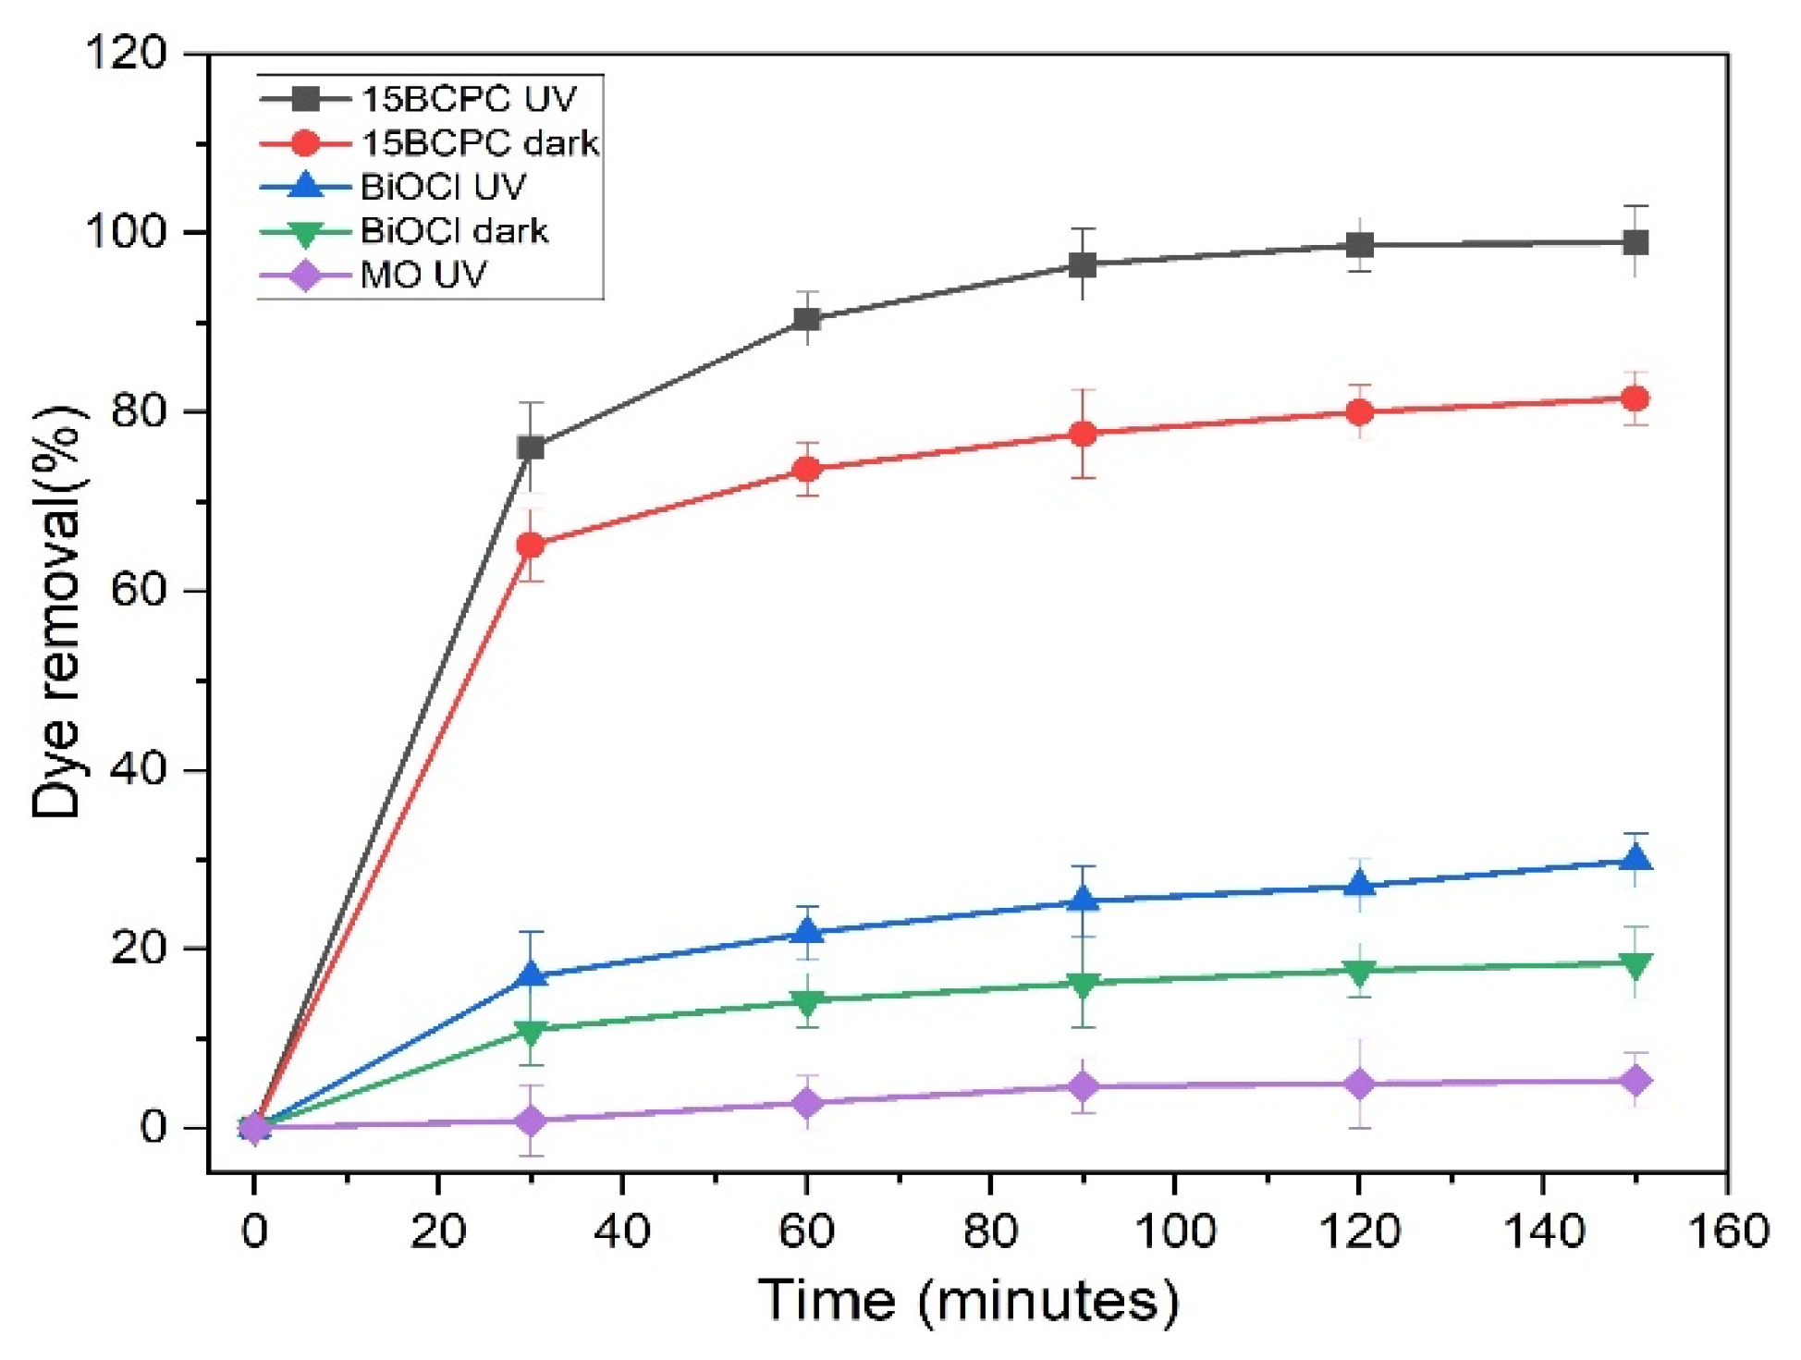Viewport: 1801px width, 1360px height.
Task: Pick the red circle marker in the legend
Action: [x=304, y=143]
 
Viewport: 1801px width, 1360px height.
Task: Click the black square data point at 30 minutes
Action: [x=531, y=447]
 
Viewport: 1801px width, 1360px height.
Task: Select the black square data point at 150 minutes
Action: [x=1636, y=243]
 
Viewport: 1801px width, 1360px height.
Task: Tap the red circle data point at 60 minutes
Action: [x=807, y=470]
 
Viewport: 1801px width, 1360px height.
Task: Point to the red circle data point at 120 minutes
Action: [x=1359, y=412]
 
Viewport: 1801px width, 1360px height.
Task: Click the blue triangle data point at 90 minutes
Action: [x=1084, y=900]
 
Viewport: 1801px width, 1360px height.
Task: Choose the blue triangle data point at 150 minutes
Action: [x=1636, y=859]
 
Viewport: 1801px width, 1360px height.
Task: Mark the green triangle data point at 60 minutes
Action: [x=807, y=1001]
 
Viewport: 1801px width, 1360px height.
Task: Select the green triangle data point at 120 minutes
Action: [x=1359, y=972]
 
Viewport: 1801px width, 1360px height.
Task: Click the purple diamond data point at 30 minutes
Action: [x=531, y=1121]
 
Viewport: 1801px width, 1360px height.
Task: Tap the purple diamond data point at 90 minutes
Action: [x=1084, y=1086]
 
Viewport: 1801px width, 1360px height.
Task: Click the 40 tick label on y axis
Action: [x=139, y=769]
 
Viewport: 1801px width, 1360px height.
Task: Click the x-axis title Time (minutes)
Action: [x=968, y=1300]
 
